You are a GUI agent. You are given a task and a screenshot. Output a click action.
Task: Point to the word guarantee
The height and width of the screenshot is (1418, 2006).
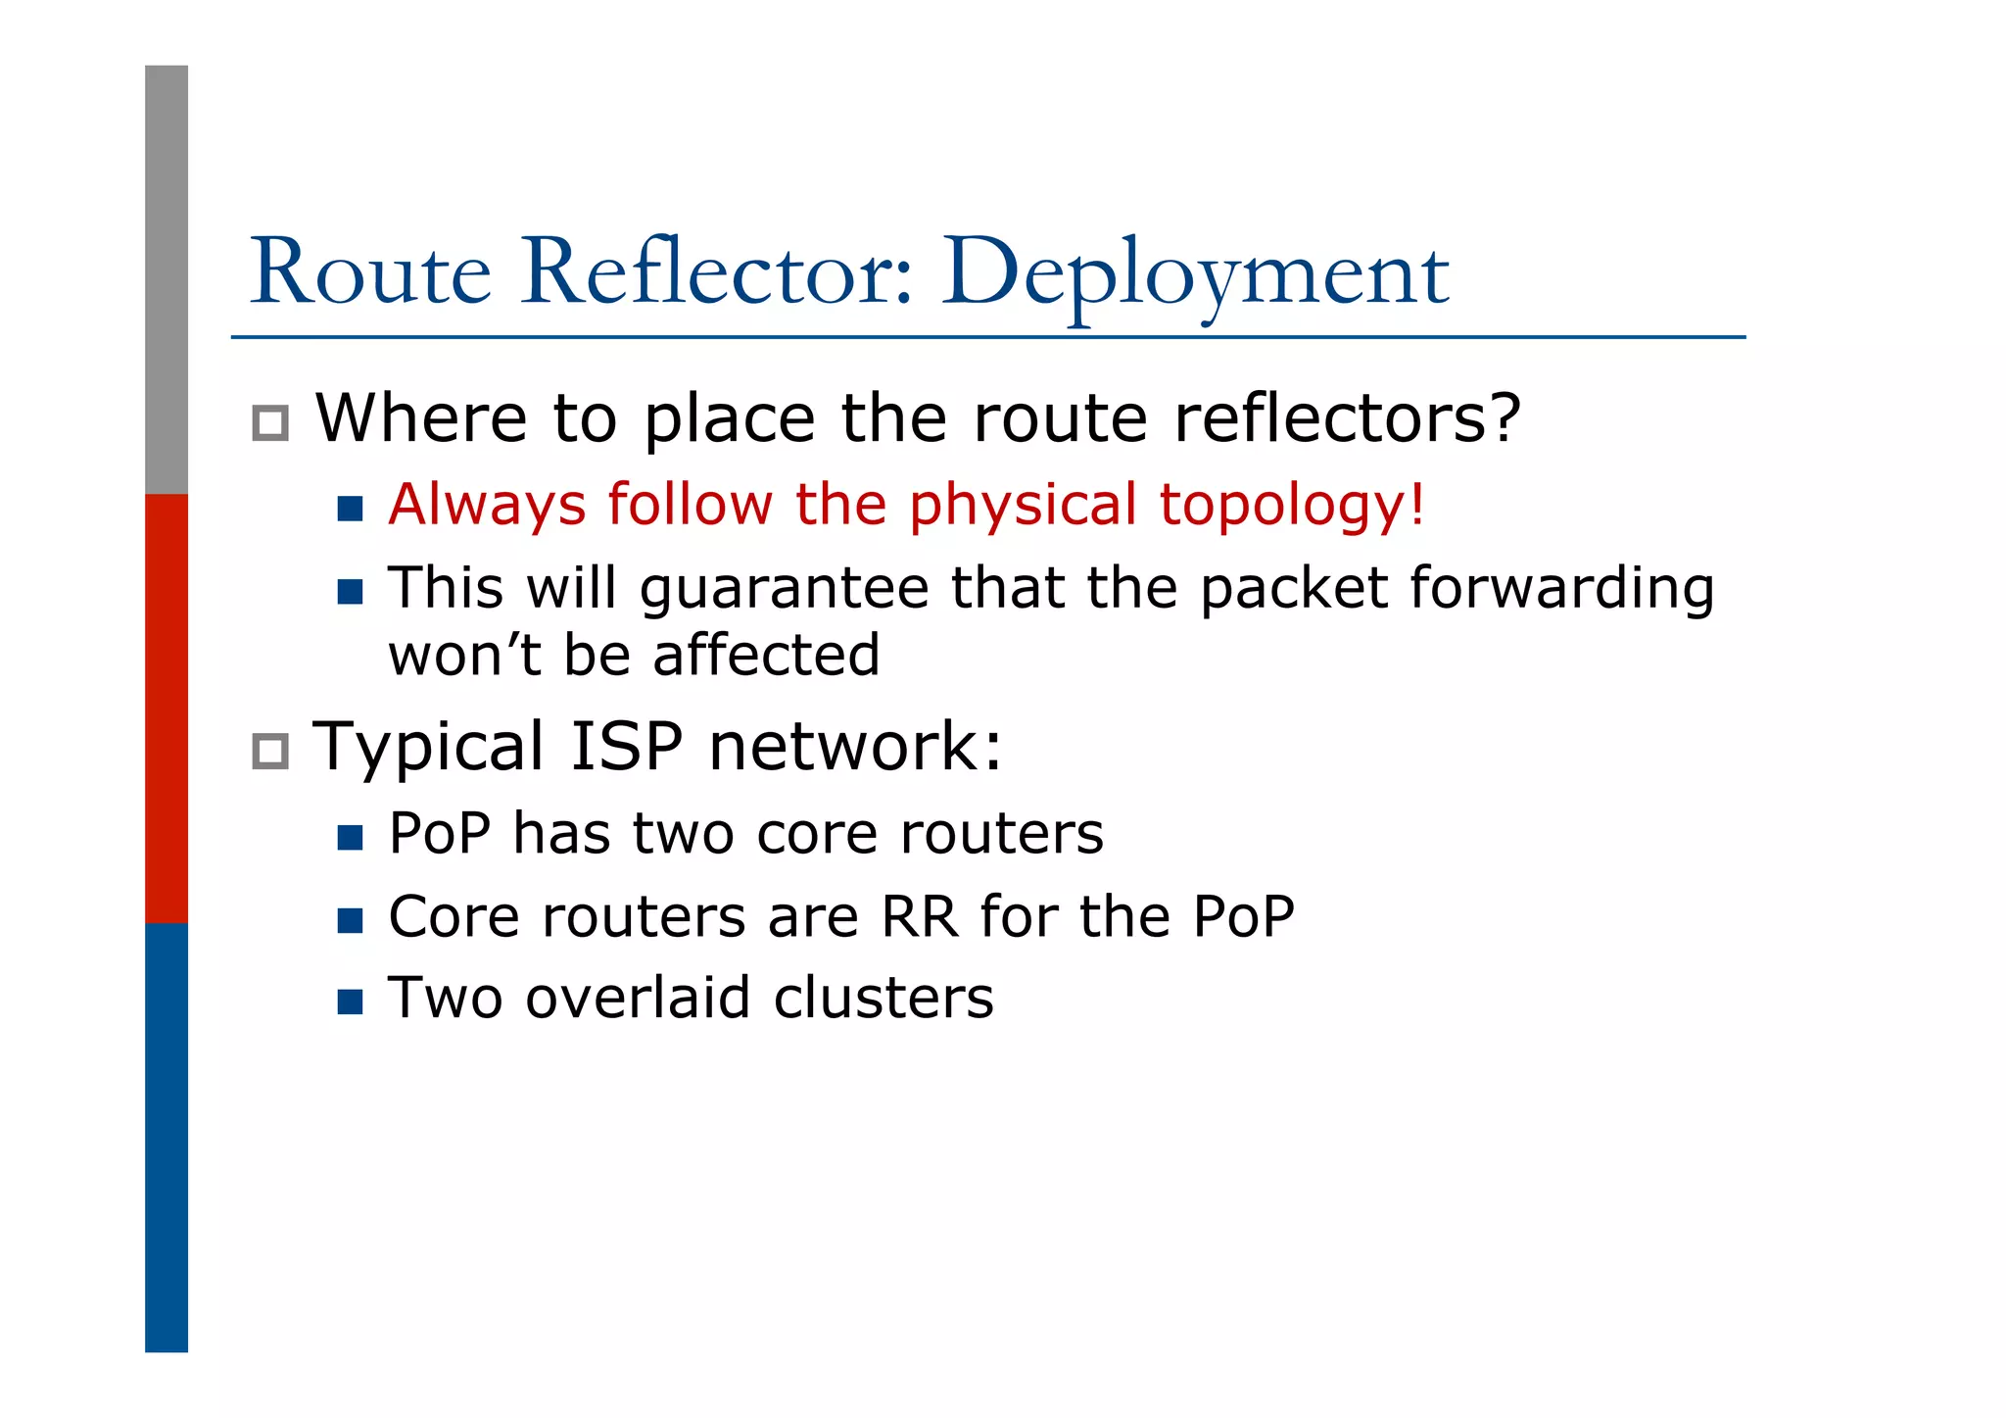pos(784,590)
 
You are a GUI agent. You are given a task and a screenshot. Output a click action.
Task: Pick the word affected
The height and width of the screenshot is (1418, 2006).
pos(767,656)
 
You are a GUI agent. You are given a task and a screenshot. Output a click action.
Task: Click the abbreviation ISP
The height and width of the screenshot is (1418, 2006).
pos(626,747)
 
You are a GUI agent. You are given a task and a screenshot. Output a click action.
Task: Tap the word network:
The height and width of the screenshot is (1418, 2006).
pos(855,747)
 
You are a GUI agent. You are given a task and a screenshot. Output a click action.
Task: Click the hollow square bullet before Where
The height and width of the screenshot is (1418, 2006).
pos(270,423)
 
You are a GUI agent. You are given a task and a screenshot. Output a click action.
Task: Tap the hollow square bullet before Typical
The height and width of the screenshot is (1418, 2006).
pos(270,752)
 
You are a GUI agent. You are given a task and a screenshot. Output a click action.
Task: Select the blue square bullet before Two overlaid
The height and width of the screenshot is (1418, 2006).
pos(350,1002)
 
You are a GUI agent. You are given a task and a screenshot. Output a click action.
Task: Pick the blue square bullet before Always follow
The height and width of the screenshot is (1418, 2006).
pos(350,509)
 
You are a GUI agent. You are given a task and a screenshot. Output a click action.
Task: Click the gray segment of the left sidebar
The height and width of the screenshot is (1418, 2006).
pos(167,279)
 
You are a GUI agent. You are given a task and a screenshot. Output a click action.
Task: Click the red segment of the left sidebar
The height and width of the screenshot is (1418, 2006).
pos(167,708)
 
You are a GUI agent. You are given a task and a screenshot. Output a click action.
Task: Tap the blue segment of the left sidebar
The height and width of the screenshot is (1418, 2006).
pos(167,1137)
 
